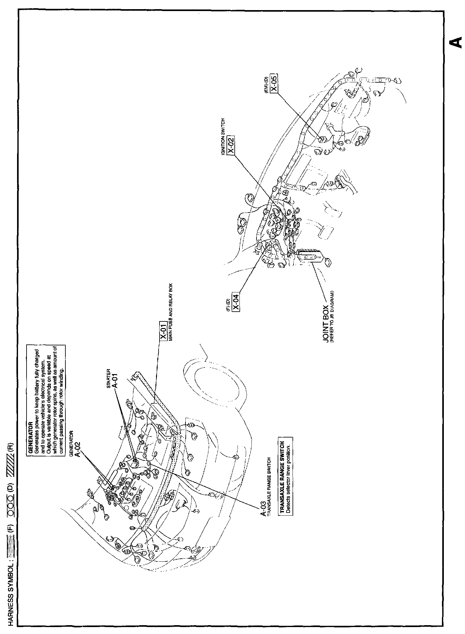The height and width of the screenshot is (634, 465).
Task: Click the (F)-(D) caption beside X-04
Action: click(228, 303)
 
